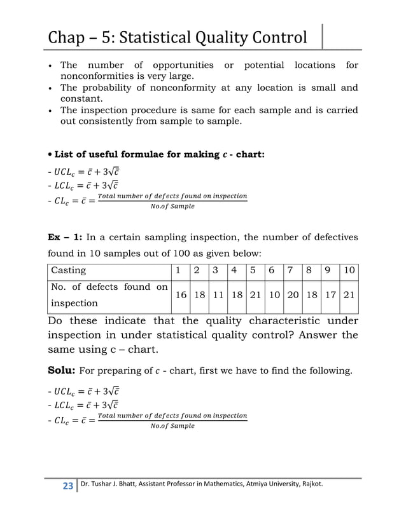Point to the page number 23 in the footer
click(x=66, y=486)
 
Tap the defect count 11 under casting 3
click(x=217, y=295)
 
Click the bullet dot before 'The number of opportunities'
click(x=50, y=66)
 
